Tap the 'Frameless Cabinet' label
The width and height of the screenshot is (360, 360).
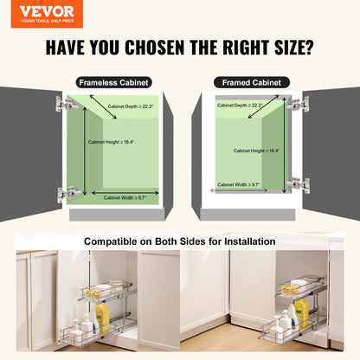[x=114, y=82]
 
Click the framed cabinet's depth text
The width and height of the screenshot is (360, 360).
[x=239, y=106]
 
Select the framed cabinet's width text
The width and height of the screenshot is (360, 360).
[x=240, y=184]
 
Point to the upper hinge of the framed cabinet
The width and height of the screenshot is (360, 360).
[x=297, y=103]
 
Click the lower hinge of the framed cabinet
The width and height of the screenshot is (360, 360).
[x=297, y=183]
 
